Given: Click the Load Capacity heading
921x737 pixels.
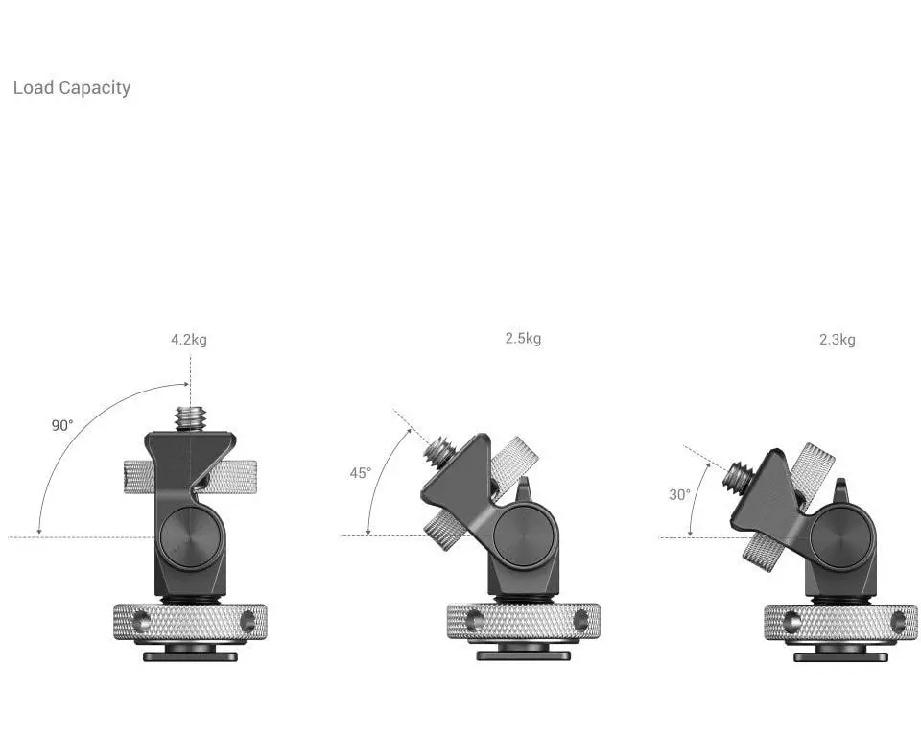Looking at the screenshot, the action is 72,88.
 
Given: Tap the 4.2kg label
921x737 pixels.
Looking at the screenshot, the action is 189,340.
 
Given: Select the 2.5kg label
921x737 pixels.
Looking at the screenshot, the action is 523,339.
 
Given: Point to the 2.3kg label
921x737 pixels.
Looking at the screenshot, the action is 837,340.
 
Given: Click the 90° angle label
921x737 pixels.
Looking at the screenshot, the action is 62,425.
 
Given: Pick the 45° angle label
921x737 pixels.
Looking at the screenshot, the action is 361,473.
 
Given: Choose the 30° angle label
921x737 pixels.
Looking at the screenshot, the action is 679,495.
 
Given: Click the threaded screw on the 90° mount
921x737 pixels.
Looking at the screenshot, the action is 190,418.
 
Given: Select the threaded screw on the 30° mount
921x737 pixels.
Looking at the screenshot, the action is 739,475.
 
